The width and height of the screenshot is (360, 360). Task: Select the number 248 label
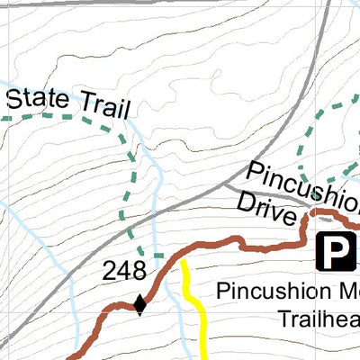[x=123, y=272]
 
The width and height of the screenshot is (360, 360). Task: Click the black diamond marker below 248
[x=139, y=305]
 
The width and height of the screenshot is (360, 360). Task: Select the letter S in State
[x=14, y=96]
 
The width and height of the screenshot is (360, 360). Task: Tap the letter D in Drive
[x=247, y=204]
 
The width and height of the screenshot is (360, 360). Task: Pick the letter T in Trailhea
[x=283, y=319]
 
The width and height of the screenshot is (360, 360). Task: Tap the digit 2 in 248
[x=109, y=272]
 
